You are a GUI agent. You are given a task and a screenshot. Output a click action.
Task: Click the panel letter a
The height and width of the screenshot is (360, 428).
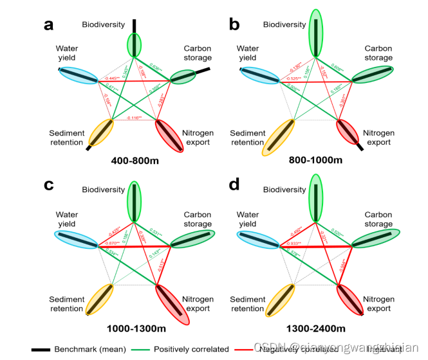48,25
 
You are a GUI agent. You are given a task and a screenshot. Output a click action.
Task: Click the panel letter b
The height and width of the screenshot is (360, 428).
235,25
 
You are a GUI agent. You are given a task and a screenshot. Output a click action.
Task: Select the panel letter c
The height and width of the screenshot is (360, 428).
48,185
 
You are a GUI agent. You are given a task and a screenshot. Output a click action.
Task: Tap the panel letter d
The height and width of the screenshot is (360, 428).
235,185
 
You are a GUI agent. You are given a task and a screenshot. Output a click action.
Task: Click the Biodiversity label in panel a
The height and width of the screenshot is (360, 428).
104,25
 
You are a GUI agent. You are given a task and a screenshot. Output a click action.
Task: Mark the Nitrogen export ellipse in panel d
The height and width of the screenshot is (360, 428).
354,299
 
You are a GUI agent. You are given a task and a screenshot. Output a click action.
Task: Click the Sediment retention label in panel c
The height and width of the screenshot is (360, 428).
67,304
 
